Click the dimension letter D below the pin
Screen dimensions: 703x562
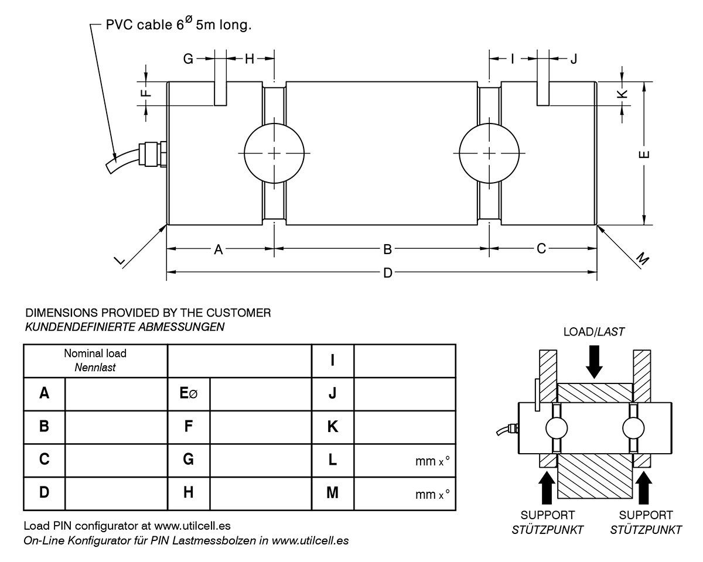click(387, 273)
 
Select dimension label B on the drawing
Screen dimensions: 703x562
click(387, 249)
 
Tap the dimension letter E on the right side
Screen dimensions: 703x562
click(644, 155)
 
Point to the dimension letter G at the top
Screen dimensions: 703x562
click(188, 59)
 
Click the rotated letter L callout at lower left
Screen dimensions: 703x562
click(120, 261)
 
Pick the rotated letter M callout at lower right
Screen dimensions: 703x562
click(643, 259)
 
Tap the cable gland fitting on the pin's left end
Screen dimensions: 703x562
click(152, 154)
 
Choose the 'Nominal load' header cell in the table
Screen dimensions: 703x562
click(95, 361)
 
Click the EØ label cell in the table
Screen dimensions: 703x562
click(189, 393)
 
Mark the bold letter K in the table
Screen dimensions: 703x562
click(333, 427)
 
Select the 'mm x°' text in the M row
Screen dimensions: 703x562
click(432, 495)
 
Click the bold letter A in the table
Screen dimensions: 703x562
click(44, 393)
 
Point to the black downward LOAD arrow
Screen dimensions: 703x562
click(594, 362)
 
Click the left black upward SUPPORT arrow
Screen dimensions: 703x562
click(546, 488)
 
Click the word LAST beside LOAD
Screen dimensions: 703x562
click(610, 332)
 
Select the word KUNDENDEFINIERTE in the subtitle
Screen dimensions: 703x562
click(80, 327)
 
